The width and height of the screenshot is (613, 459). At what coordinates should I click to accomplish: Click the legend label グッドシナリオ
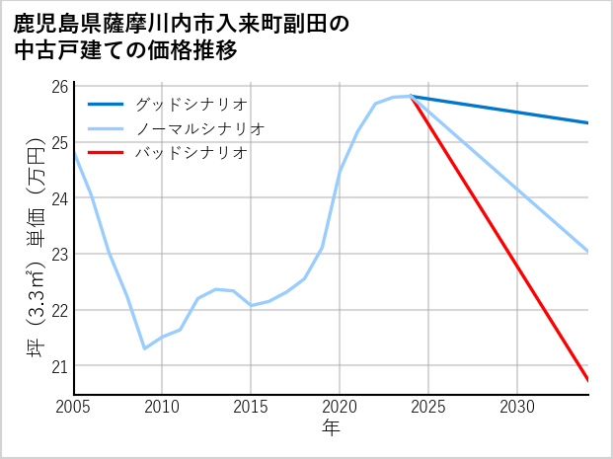pos(191,104)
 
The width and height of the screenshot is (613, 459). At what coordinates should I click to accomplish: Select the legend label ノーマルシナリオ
pos(198,128)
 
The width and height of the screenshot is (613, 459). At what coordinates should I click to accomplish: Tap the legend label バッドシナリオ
pos(191,153)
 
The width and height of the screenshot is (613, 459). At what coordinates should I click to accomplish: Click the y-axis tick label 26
pos(59,86)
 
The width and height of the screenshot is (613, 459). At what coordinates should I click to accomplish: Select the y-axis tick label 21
pos(59,366)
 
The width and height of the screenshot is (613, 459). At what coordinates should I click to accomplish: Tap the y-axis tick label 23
pos(59,254)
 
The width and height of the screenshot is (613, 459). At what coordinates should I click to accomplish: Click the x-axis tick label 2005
pos(74,407)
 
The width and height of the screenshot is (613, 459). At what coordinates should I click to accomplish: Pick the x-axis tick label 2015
pos(251,407)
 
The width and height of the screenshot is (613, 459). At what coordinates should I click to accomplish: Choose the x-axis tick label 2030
pos(517,407)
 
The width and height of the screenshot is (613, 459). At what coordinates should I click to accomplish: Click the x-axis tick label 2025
pos(428,407)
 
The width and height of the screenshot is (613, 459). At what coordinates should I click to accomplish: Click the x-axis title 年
pos(331,428)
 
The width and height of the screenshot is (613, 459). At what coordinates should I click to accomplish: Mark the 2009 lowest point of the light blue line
pos(145,348)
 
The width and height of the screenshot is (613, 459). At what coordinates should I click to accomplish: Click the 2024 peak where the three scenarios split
pos(411,96)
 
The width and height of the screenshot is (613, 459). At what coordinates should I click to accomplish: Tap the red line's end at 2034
pos(587,380)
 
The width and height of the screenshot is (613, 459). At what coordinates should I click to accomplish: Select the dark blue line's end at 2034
pos(587,122)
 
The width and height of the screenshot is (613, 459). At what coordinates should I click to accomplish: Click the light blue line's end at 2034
pos(587,252)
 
